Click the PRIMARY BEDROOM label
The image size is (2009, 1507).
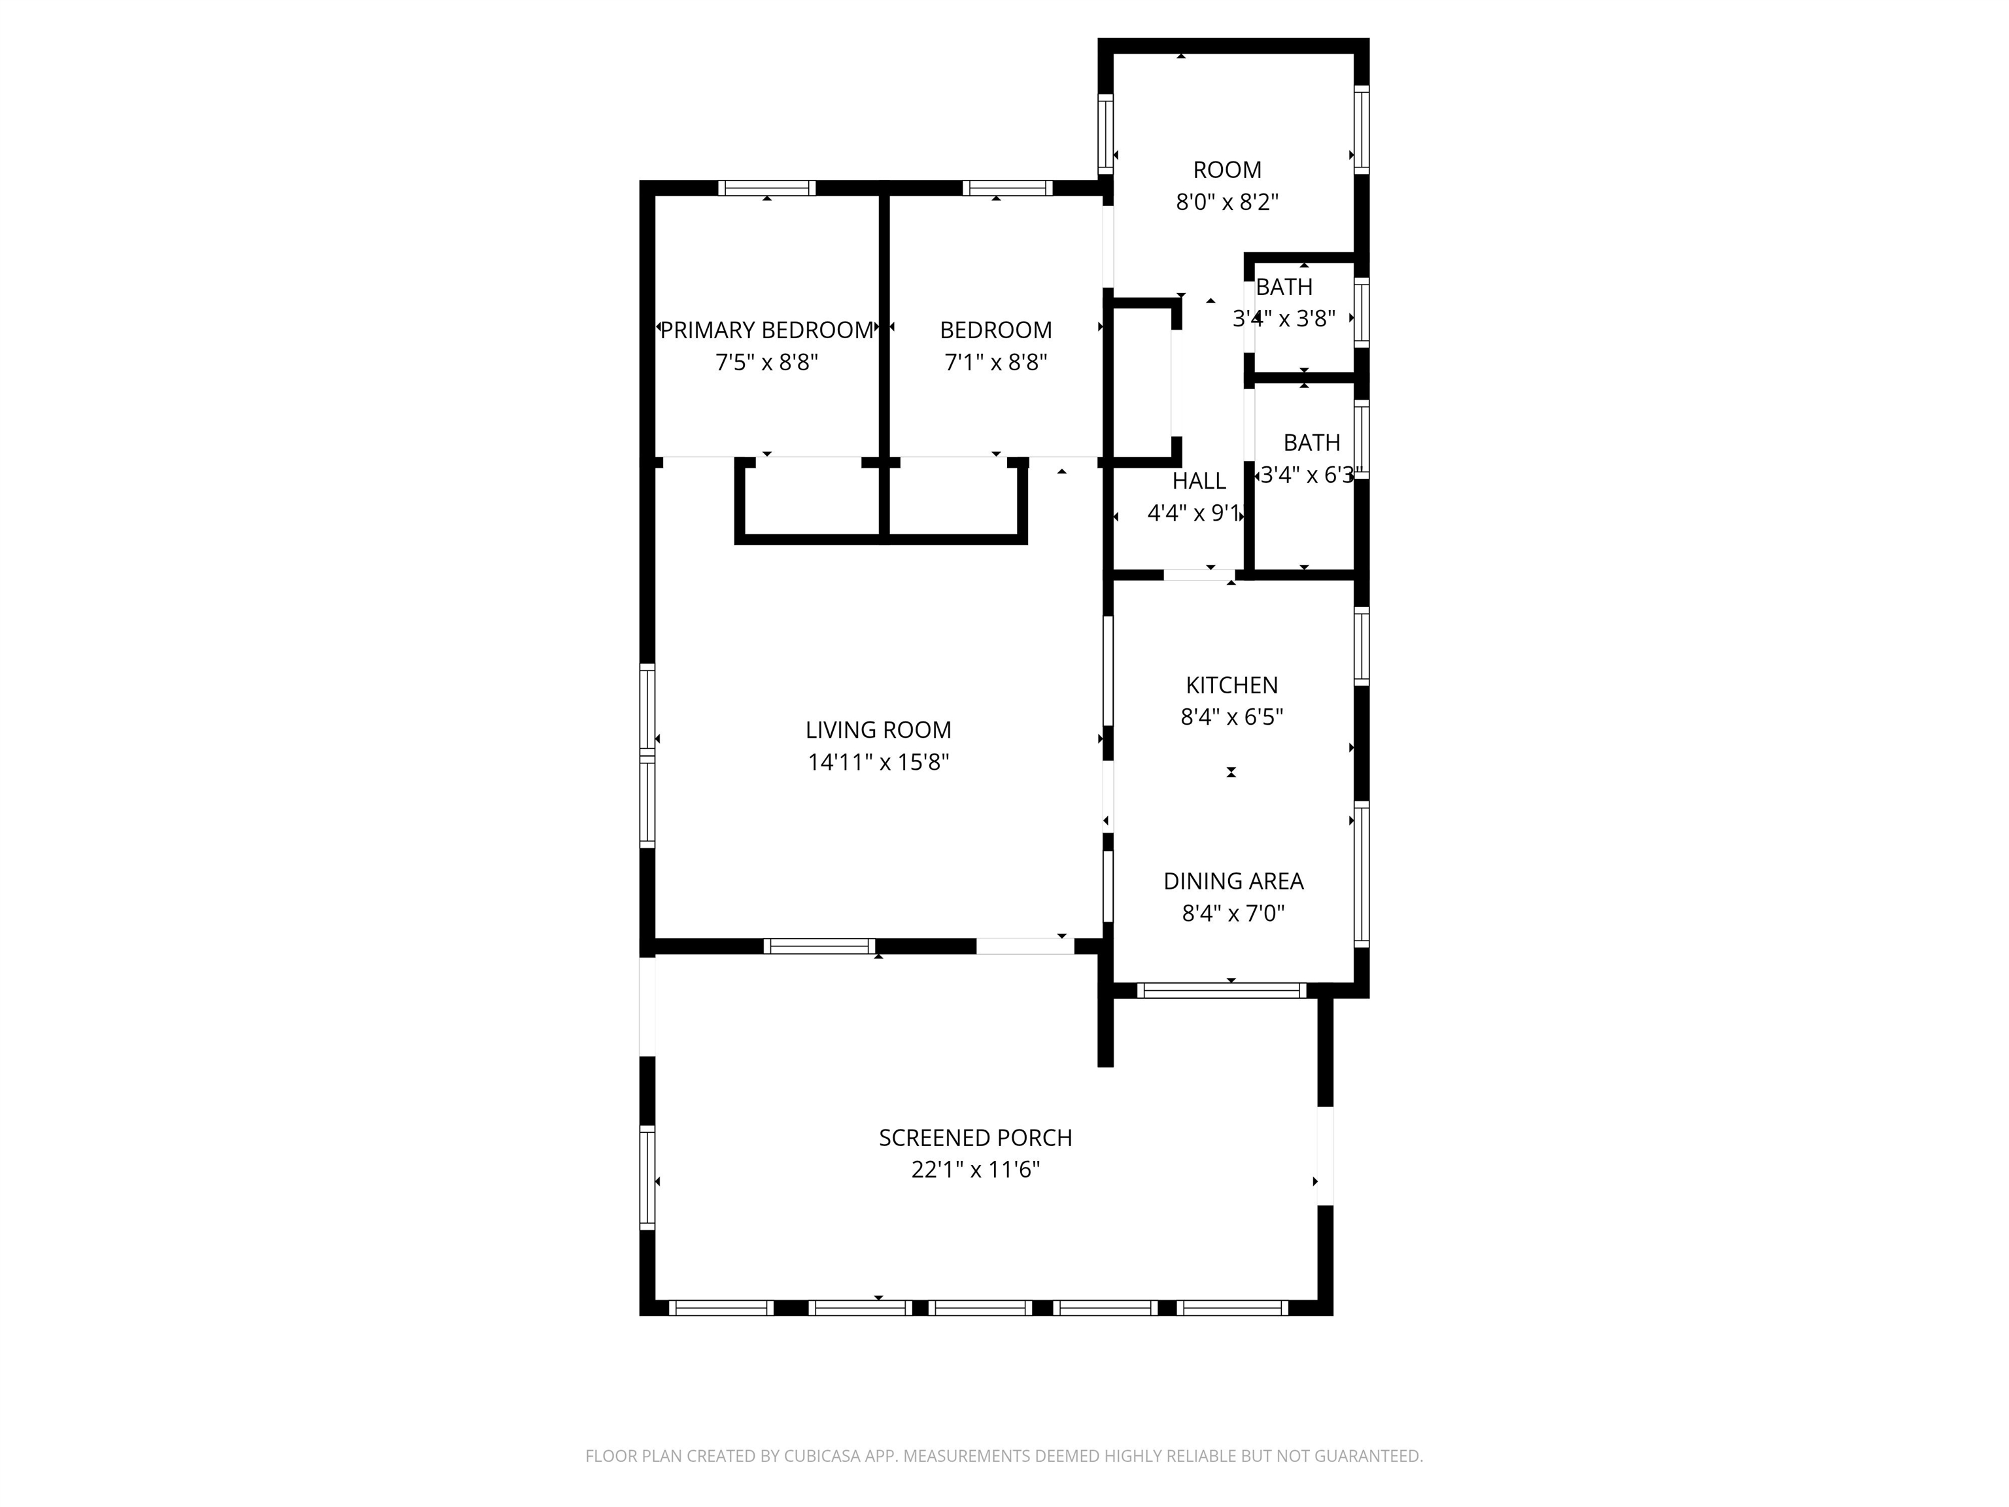(766, 330)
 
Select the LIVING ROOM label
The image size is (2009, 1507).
(878, 729)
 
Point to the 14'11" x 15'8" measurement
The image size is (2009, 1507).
(878, 762)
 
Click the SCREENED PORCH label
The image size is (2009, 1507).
(976, 1137)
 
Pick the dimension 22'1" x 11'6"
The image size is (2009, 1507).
(976, 1169)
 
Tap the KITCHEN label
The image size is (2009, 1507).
(1231, 685)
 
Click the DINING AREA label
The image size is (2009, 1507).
(1233, 880)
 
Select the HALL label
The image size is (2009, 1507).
(1199, 481)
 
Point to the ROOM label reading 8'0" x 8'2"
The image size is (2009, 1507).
(1227, 170)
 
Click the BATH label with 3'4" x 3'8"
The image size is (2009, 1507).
(1284, 287)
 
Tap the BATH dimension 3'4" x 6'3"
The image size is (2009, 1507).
(1309, 475)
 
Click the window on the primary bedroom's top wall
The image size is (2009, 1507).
(766, 188)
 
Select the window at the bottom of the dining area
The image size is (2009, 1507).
(1222, 991)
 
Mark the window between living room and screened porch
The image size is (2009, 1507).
(819, 946)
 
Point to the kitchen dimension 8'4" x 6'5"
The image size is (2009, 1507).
(1231, 717)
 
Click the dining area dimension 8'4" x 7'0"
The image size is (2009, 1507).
(1233, 913)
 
